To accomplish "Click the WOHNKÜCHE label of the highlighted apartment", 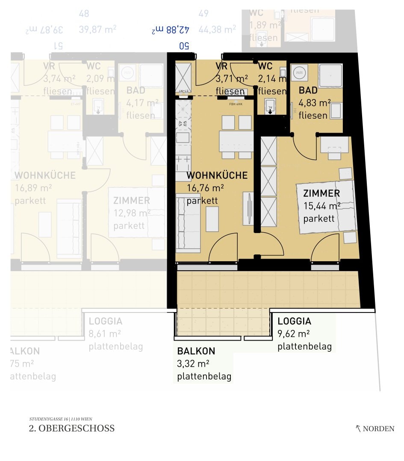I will tap(217, 175).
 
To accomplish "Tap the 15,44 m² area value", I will tap(321, 206).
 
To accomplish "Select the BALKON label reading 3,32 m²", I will tap(196, 351).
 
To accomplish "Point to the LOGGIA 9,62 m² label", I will tap(294, 321).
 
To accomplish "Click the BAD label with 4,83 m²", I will tap(308, 90).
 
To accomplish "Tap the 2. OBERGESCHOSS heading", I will tap(72, 428).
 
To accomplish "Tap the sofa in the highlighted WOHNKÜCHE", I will tap(187, 222).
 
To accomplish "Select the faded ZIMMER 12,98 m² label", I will tap(131, 201).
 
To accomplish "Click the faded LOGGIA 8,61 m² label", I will tap(105, 321).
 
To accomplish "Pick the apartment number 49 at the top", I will tap(203, 14).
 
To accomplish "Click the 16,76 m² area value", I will tap(205, 188).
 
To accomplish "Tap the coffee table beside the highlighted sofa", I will tap(212, 219).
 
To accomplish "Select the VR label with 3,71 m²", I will tap(221, 66).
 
